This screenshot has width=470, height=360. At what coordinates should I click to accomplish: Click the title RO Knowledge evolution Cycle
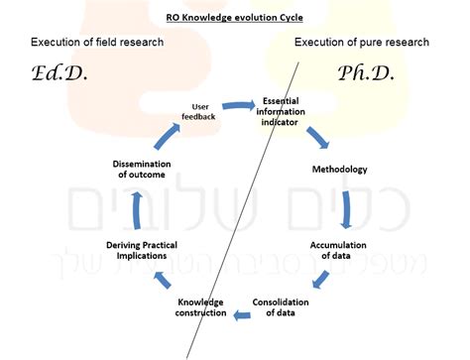tap(235, 17)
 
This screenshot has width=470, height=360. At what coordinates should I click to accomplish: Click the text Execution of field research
tap(97, 42)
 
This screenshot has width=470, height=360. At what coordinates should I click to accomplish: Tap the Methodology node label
tap(340, 168)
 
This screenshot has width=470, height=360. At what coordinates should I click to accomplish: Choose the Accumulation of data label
tap(338, 250)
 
